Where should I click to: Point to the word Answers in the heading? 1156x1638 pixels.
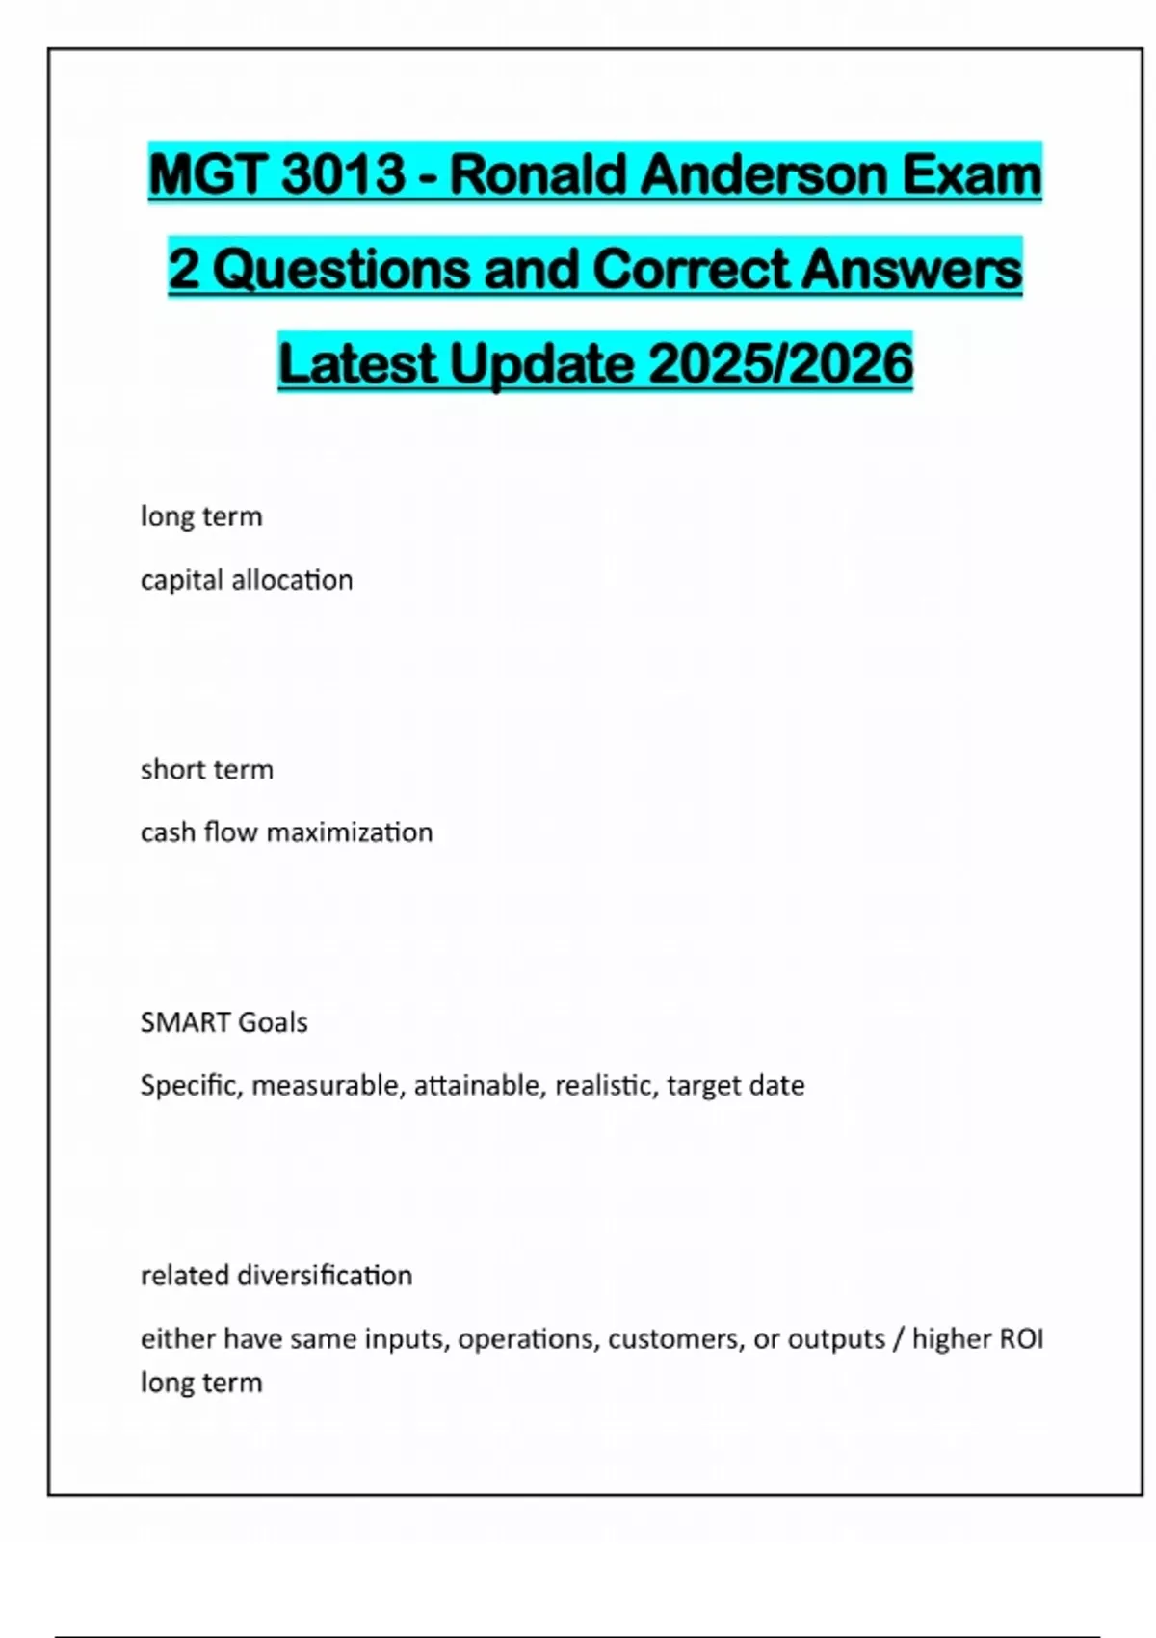pos(910,269)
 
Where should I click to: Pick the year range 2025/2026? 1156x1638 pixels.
pos(780,363)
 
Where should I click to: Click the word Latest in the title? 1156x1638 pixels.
pos(357,363)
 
